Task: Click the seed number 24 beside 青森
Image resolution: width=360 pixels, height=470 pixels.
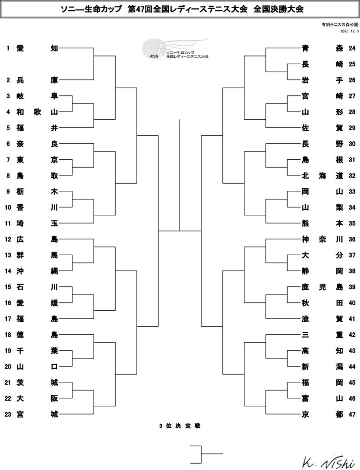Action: coord(352,48)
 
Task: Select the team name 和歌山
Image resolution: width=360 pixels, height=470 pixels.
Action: coord(37,112)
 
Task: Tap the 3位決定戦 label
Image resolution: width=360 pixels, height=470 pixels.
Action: coord(180,426)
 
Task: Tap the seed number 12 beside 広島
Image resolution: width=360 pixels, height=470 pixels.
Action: coord(8,239)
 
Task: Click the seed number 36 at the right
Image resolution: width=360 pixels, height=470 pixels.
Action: coord(352,239)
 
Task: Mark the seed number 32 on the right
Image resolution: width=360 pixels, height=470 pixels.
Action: coord(352,175)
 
